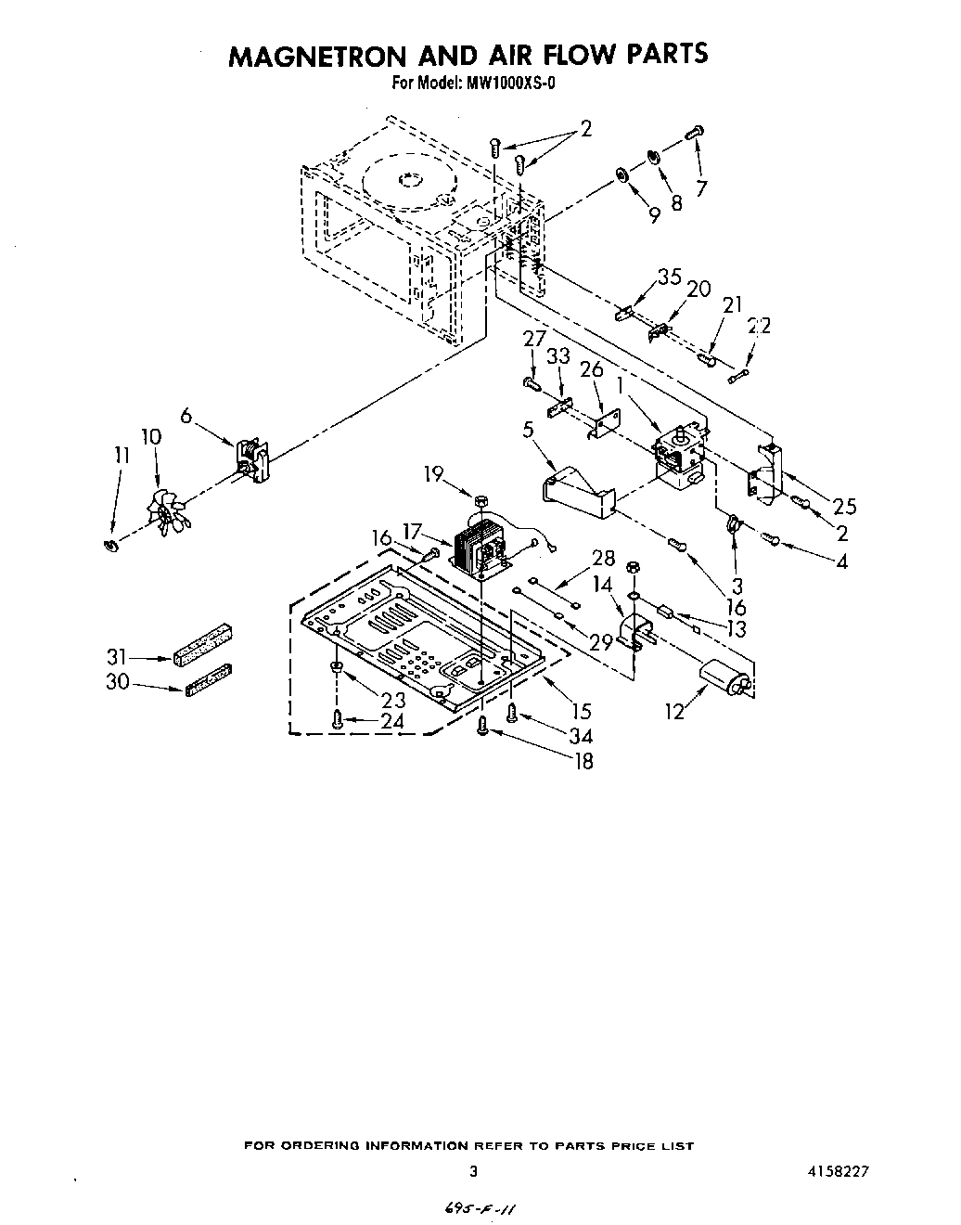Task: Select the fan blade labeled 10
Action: (x=166, y=509)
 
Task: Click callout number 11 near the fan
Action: (x=122, y=455)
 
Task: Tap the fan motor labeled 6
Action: (x=251, y=459)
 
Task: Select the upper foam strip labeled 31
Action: (x=200, y=643)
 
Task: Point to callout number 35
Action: (x=669, y=277)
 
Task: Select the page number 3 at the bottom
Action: (x=473, y=1172)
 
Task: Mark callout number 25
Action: (x=843, y=507)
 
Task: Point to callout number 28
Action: (x=603, y=558)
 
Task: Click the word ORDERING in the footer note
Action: (x=330, y=1146)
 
